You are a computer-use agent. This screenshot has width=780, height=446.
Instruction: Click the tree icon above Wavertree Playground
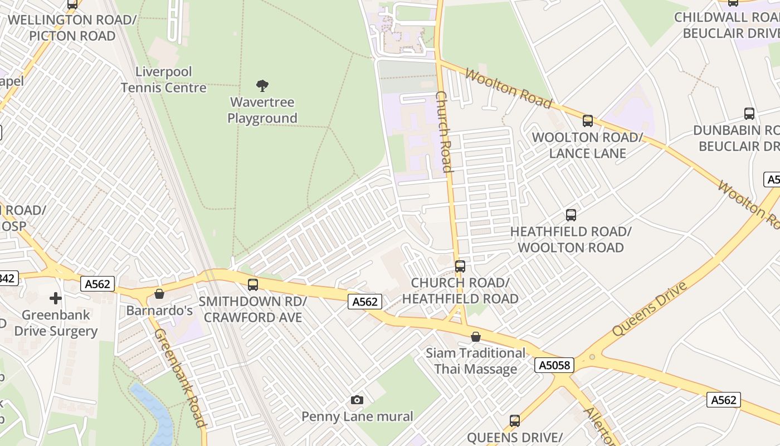262,85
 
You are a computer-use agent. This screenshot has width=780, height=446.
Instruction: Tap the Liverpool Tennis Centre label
164,80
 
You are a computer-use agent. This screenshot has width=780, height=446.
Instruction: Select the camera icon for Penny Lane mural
357,400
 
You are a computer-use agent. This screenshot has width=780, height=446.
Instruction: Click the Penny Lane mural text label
357,416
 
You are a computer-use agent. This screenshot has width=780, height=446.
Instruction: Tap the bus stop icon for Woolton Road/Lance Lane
587,120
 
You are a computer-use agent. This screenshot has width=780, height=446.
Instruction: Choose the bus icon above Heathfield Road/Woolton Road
571,215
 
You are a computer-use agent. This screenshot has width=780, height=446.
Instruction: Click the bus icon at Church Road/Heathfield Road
460,266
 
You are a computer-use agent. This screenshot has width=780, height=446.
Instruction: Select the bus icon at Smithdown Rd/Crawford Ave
253,285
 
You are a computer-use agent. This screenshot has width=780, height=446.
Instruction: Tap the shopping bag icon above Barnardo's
159,294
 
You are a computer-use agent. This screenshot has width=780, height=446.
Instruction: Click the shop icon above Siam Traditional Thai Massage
475,337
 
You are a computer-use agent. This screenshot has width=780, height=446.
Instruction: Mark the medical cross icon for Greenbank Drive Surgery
56,298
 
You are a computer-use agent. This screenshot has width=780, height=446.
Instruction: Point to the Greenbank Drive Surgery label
56,323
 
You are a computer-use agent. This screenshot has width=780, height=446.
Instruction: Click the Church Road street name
443,132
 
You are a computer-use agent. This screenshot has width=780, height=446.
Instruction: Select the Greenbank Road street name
180,378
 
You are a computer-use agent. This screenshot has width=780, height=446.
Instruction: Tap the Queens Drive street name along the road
650,309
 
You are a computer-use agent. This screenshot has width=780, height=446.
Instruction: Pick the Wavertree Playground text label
262,110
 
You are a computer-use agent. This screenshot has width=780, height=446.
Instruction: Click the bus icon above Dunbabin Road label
749,114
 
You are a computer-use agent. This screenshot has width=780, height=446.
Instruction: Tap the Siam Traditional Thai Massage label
475,361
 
